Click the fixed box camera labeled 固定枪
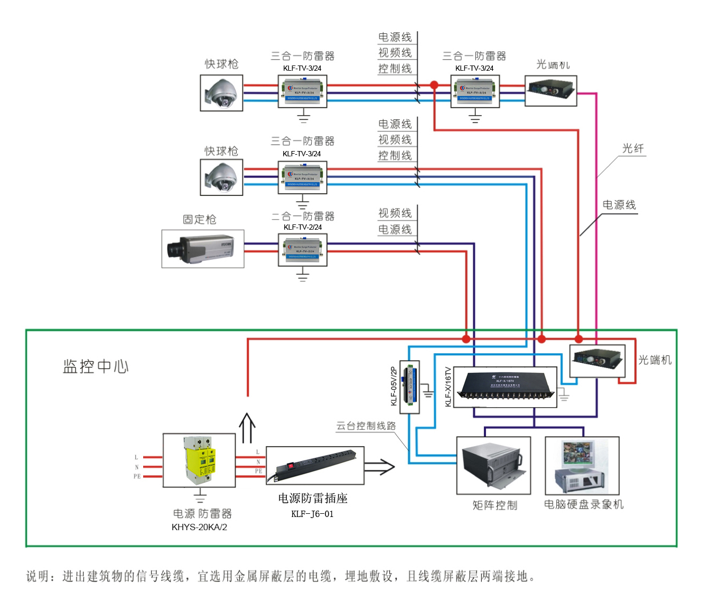pos(203,249)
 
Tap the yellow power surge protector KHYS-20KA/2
pos(200,460)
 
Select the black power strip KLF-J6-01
pos(315,465)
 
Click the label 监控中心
pos(96,366)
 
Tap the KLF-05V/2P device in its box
pos(409,387)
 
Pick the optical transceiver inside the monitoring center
pos(597,361)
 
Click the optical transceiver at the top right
pos(550,90)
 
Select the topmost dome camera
pos(221,93)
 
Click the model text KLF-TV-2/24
pos(303,227)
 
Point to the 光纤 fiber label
pos(632,148)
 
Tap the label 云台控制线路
pos(366,426)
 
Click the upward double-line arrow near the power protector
pos(247,427)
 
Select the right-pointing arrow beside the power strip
pos(379,467)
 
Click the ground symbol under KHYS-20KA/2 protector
pos(200,496)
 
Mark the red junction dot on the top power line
pos(434,85)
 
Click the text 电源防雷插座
pos(313,498)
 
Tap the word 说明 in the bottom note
pos(38,576)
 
